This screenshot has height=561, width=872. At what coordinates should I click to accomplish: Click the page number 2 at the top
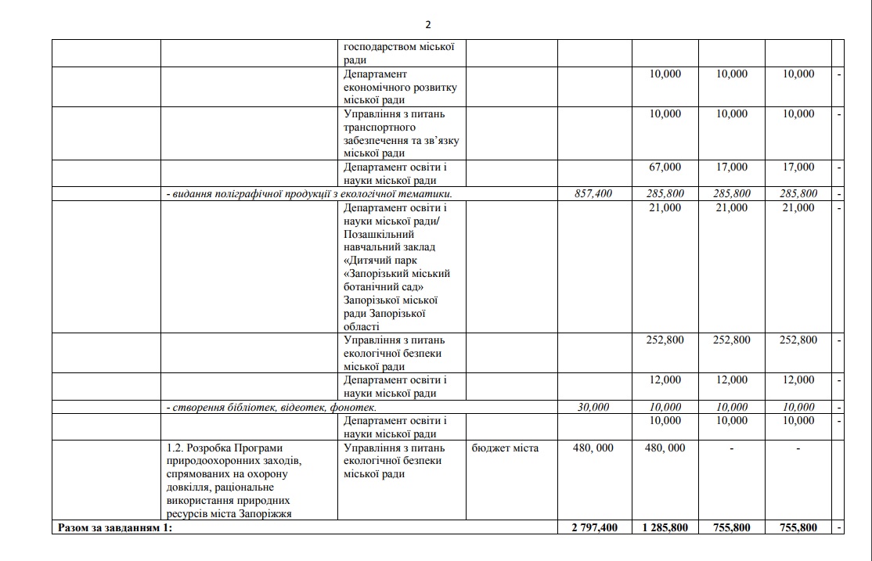(428, 24)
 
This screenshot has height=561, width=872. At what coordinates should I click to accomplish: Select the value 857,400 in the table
(593, 193)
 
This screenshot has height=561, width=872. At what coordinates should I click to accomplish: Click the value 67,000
(665, 167)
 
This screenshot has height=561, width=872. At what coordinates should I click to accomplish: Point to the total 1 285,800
(665, 527)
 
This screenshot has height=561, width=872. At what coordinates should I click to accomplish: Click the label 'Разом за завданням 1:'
(115, 527)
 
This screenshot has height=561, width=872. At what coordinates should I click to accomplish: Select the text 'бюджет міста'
(505, 448)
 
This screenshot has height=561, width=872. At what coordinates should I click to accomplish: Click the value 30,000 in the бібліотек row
(593, 407)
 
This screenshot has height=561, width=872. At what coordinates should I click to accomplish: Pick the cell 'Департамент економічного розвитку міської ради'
(400, 87)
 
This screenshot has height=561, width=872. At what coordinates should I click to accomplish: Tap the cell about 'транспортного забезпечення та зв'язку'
(400, 134)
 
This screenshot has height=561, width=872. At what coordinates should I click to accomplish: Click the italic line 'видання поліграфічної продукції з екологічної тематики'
(309, 193)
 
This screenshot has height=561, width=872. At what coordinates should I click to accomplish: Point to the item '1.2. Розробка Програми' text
(222, 448)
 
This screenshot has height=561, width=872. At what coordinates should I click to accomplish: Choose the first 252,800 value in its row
(665, 340)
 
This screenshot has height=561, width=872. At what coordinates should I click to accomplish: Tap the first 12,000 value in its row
(665, 379)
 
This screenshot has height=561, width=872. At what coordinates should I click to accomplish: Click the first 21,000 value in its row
(665, 207)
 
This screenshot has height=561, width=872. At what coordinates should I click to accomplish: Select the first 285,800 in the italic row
(665, 193)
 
